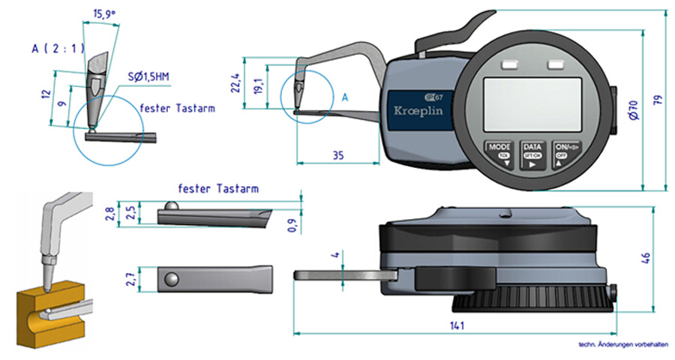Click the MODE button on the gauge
tap(499, 152)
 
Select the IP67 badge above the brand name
tap(432, 95)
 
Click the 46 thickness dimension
tap(646, 257)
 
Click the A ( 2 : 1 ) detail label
tap(56, 48)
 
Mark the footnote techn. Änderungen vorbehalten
tap(622, 346)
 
